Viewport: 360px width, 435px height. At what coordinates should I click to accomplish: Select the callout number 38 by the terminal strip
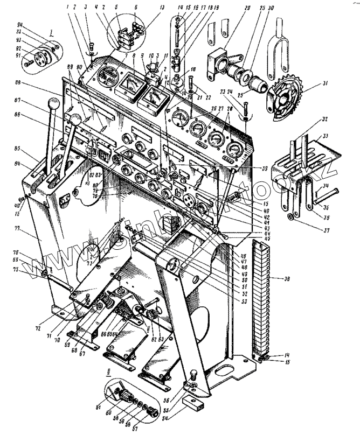(x=286, y=278)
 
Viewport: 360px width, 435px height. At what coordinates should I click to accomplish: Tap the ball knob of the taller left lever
(x=54, y=102)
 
